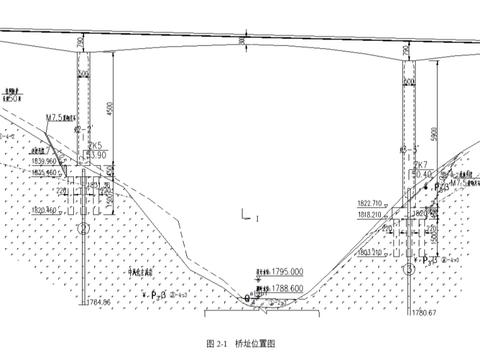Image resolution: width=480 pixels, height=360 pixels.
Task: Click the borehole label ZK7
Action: coord(421,165)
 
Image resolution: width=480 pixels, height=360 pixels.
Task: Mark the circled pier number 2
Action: coord(83,229)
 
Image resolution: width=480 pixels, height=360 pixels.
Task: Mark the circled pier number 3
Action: coord(411,270)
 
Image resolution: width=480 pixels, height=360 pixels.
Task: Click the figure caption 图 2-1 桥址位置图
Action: coord(241,344)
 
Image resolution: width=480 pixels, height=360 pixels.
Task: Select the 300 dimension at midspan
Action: coord(242,41)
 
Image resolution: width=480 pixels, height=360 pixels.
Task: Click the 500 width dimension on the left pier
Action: coord(83,73)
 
